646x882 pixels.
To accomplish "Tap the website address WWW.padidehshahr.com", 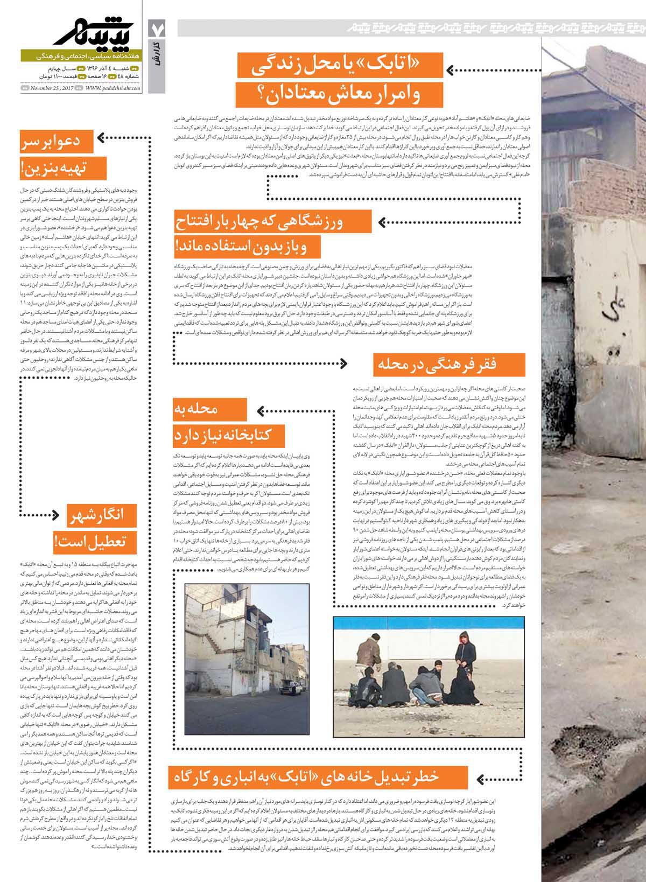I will tap(114, 88).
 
